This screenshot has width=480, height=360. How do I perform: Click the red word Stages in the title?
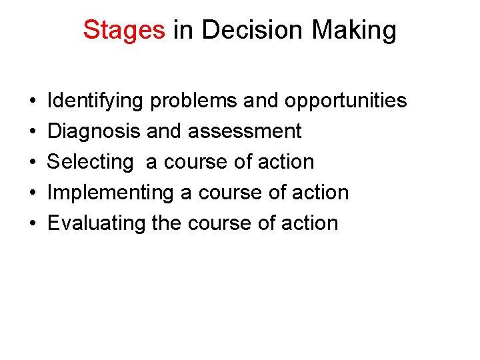pos(124,31)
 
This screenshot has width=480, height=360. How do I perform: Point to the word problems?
pos(193,101)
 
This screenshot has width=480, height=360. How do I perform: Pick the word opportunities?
pos(345,101)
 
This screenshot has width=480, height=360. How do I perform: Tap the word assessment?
pos(245,131)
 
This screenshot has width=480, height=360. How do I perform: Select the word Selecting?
pos(90,162)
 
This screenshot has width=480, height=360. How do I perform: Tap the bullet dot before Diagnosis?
pos(33,132)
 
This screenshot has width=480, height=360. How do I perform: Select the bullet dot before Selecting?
pos(33,163)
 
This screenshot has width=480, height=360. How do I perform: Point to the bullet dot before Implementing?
pos(33,193)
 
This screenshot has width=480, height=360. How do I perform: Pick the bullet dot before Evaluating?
pos(33,224)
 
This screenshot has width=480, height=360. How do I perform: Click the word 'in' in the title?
pos(182,31)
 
